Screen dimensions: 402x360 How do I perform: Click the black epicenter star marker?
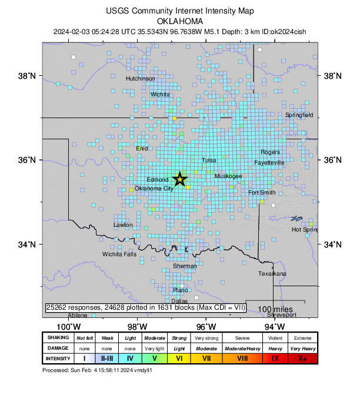(x=180, y=179)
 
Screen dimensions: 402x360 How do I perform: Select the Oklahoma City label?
(x=154, y=189)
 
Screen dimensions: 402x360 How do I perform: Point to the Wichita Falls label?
(x=119, y=254)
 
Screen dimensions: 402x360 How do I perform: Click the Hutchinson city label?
(x=141, y=78)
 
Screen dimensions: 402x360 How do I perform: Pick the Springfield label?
(x=299, y=115)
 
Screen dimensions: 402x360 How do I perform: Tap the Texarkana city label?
(x=272, y=274)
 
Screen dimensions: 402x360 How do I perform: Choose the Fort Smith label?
(x=262, y=193)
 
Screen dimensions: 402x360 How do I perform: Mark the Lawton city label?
(x=123, y=225)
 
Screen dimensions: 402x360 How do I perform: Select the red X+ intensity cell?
(x=302, y=358)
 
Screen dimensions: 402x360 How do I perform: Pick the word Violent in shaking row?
(x=275, y=338)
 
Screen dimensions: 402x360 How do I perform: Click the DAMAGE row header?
(x=58, y=348)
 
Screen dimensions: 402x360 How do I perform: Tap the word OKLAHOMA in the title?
(x=179, y=21)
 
